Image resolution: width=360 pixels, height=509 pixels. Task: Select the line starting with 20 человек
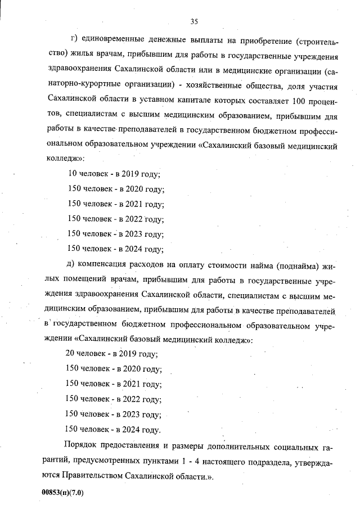(112, 354)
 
